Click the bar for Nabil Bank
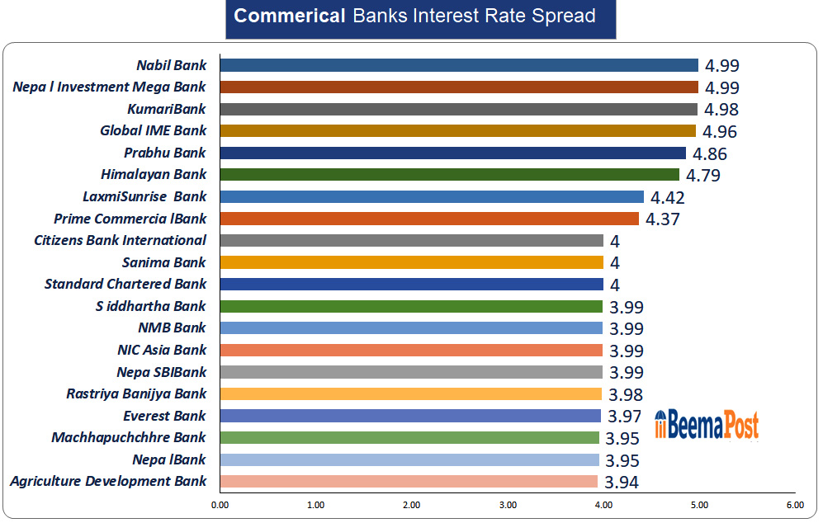point(459,65)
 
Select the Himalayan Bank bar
point(450,174)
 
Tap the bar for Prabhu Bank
point(453,153)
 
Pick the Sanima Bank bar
point(412,262)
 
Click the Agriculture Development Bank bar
point(409,481)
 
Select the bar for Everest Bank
point(410,416)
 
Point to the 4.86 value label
point(710,153)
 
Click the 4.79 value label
point(703,175)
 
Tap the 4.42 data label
point(668,197)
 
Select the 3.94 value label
point(622,483)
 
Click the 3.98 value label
point(625,394)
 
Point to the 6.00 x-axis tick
point(795,505)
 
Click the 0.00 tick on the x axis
point(220,505)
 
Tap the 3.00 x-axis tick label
point(508,505)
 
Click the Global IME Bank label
point(154,130)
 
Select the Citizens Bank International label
point(121,240)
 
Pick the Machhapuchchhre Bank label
point(129,437)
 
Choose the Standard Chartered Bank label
point(125,284)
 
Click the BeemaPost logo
point(707,425)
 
